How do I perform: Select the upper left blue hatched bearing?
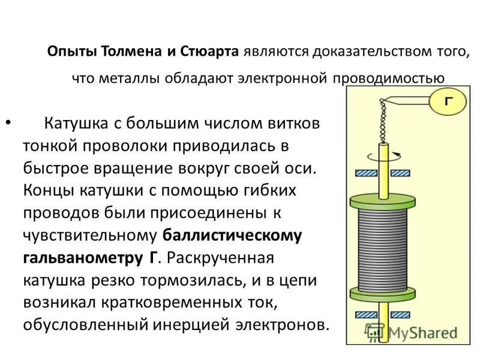[x=365, y=173]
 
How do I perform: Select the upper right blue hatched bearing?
[x=401, y=173]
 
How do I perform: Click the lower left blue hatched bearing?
[x=365, y=314]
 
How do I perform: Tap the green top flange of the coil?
[x=382, y=202]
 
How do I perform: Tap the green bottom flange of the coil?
[x=382, y=293]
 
